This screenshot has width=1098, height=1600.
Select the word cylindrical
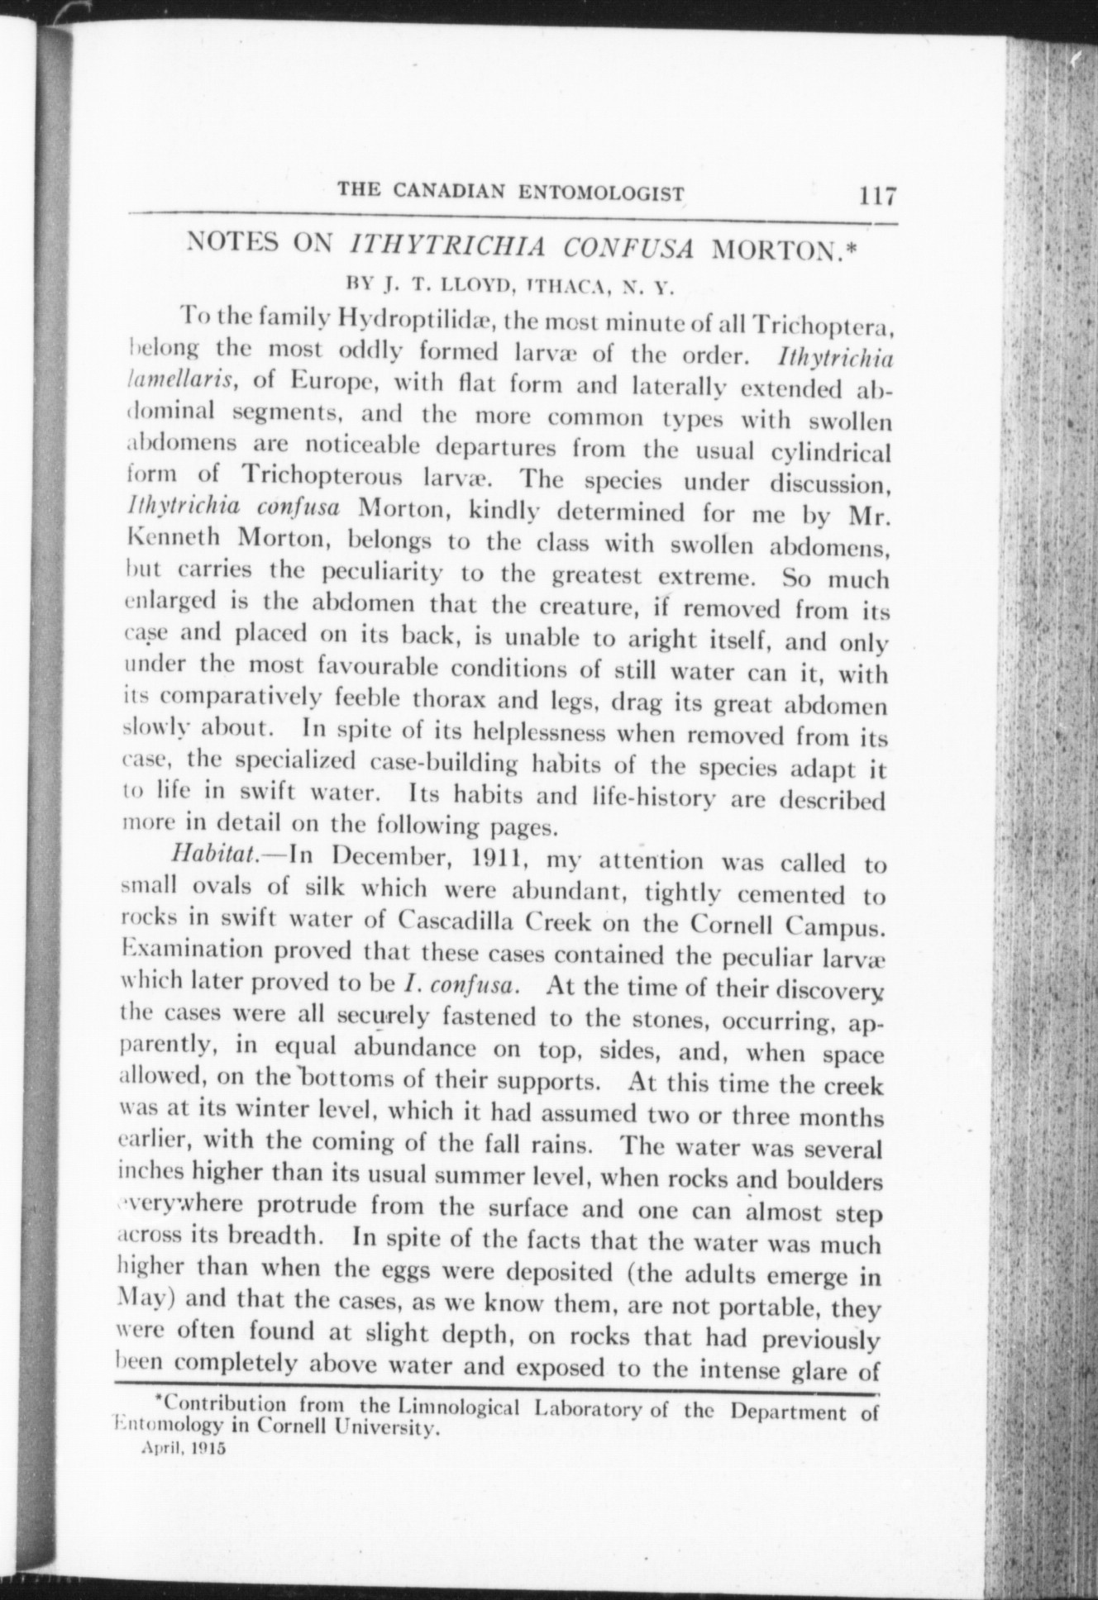[x=829, y=453]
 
